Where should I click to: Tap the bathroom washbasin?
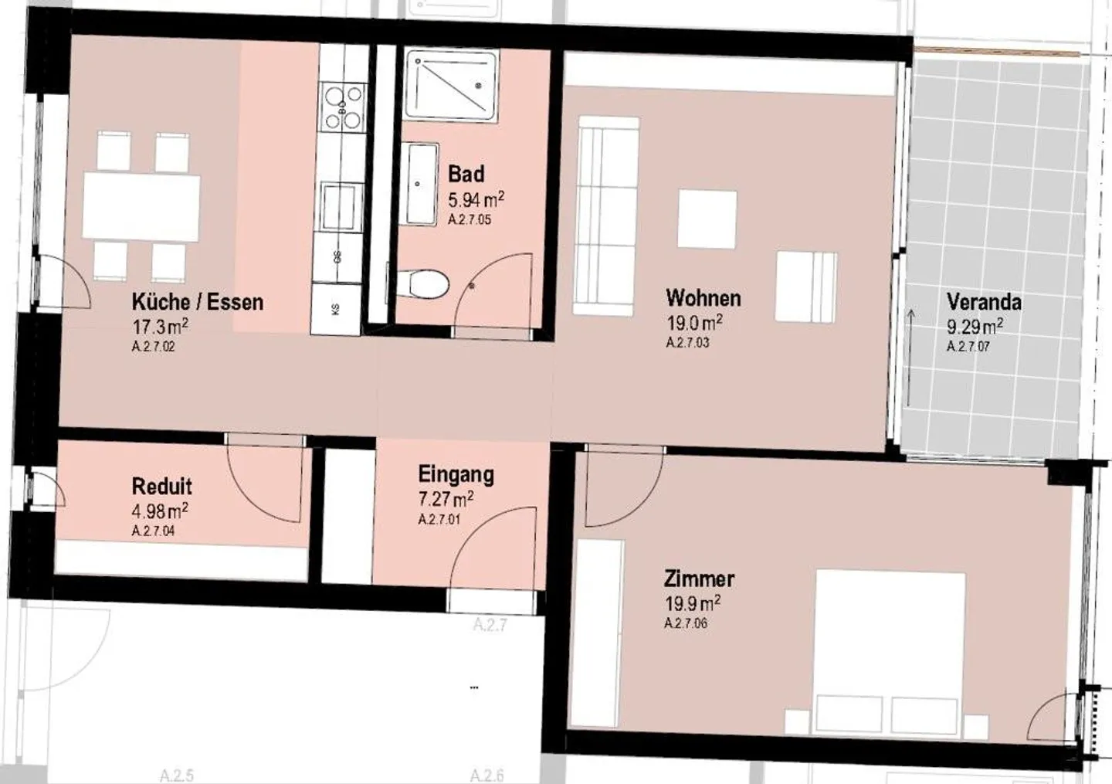click(x=421, y=183)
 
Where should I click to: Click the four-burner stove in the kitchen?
click(x=342, y=107)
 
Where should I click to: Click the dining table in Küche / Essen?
click(x=141, y=206)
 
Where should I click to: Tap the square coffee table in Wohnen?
click(x=707, y=219)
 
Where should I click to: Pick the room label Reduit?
click(x=161, y=487)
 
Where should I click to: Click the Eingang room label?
click(x=456, y=474)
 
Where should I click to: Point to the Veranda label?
click(x=984, y=302)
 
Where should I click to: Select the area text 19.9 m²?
click(x=693, y=602)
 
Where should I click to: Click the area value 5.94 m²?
click(x=476, y=200)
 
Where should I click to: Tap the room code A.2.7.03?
click(x=687, y=343)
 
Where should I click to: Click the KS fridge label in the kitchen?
click(x=336, y=309)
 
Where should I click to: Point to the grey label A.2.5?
click(x=176, y=775)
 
